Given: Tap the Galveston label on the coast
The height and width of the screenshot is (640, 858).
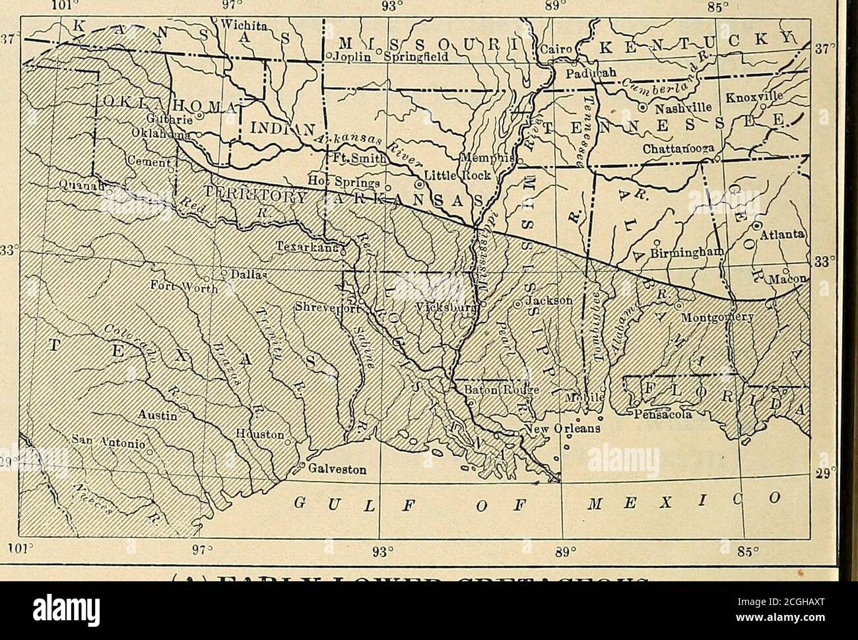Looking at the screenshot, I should click(x=338, y=470).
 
